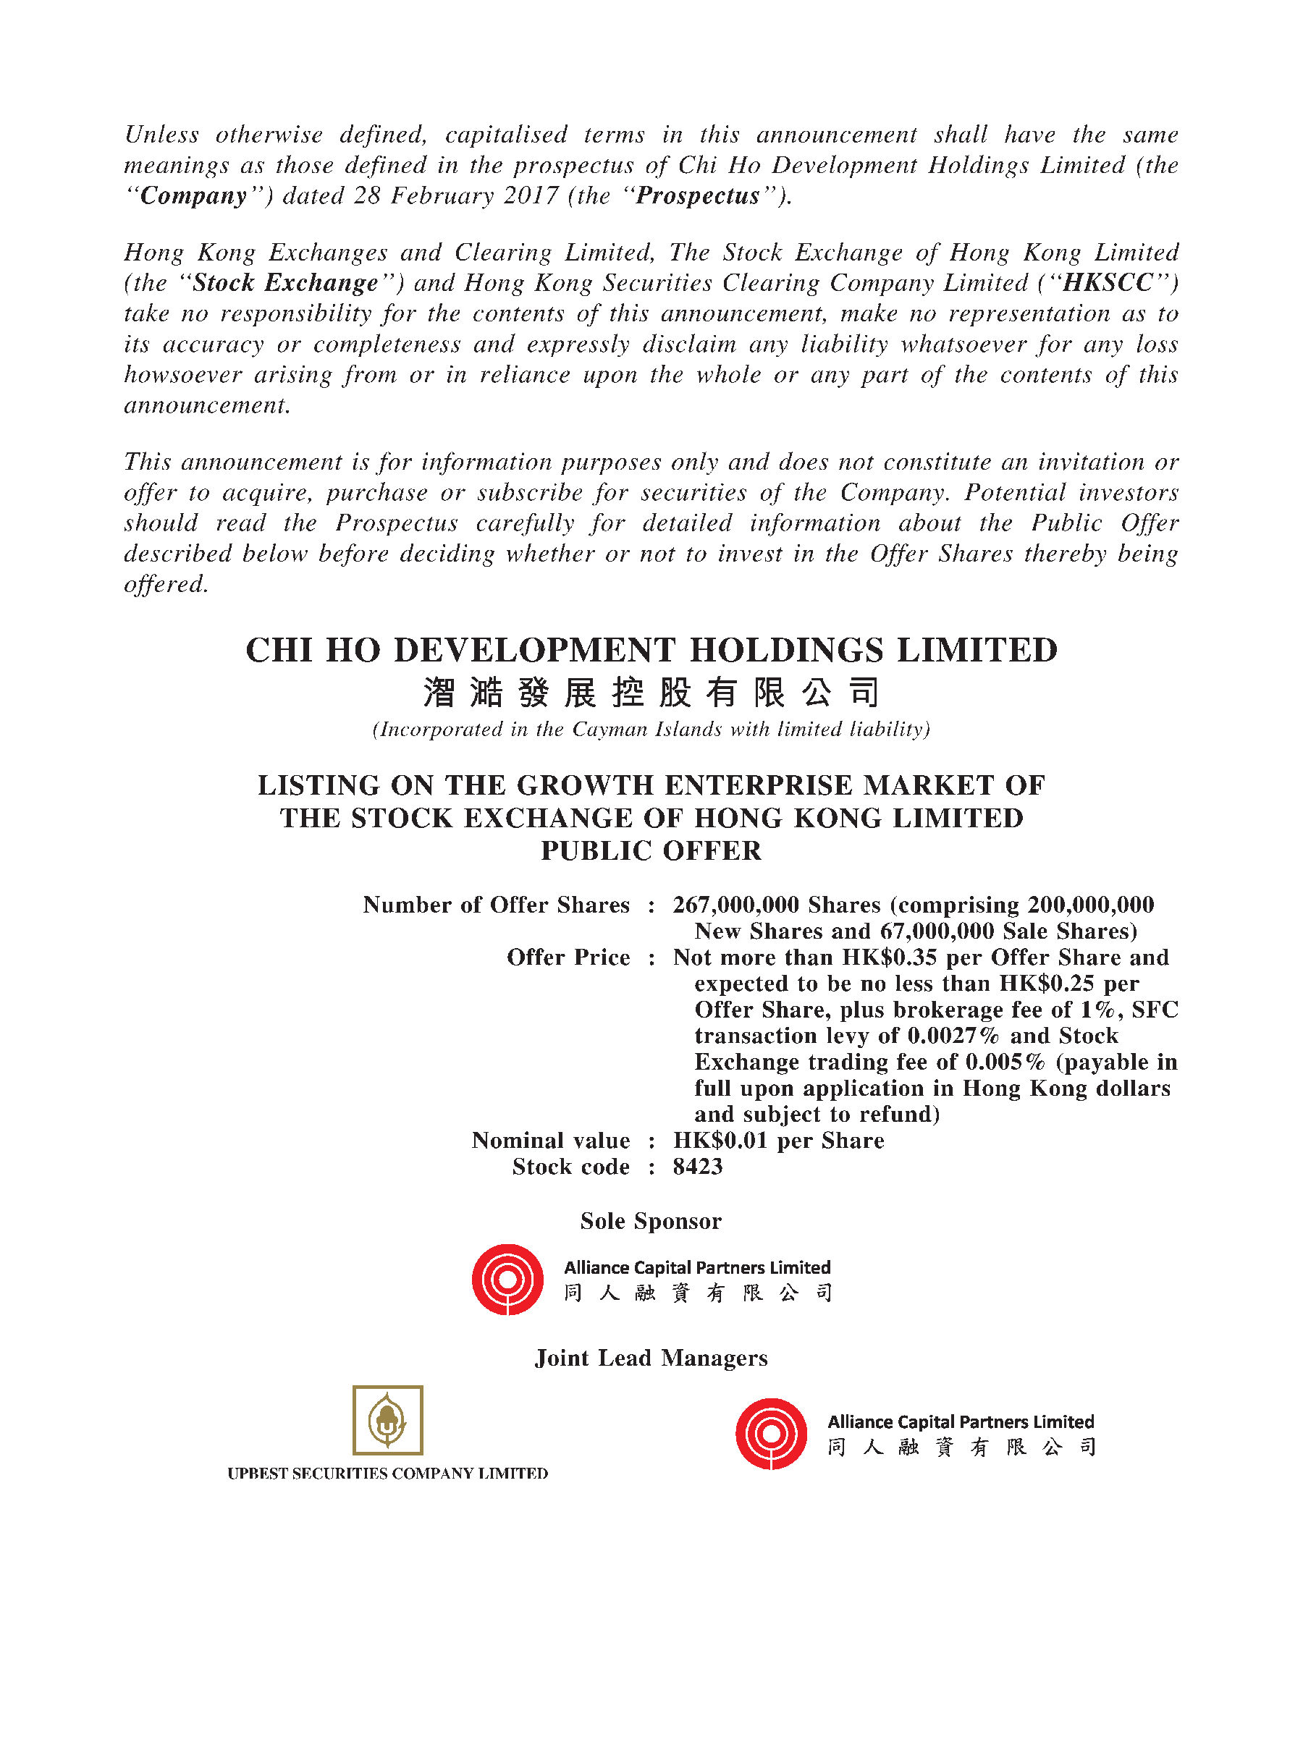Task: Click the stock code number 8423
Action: pos(697,1167)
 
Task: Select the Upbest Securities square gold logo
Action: pos(387,1421)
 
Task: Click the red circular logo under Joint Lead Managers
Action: pos(771,1433)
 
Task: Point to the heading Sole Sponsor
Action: pos(650,1221)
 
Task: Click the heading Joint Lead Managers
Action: pos(650,1358)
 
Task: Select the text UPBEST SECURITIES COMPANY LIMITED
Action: pos(387,1474)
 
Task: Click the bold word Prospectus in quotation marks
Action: pos(697,195)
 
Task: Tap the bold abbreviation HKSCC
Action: pos(1108,283)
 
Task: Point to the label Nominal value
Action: pos(551,1140)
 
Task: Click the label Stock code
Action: pos(570,1167)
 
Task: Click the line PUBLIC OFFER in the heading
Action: pos(650,850)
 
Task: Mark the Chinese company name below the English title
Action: pos(650,693)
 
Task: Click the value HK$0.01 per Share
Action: pos(777,1140)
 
